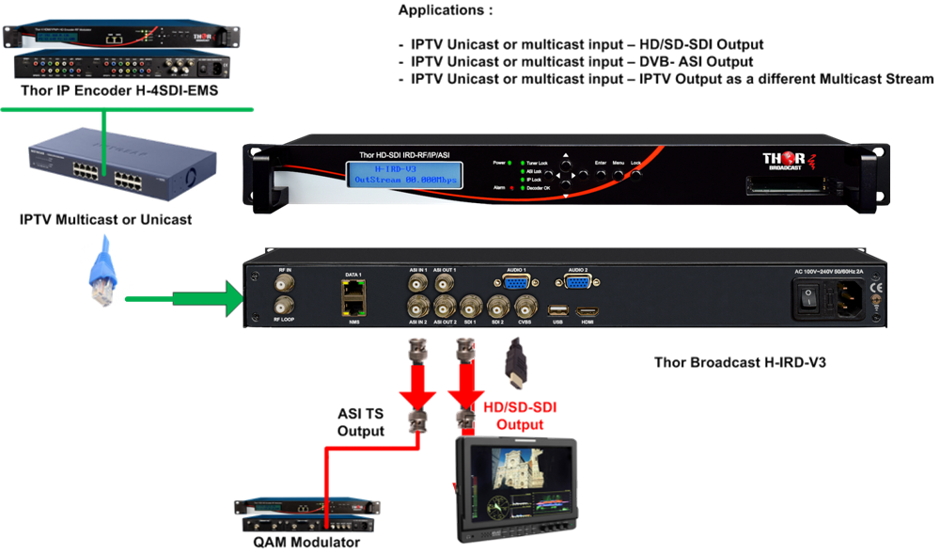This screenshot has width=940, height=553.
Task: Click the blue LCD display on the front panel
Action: (406, 175)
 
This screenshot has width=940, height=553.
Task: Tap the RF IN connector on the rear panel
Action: (281, 280)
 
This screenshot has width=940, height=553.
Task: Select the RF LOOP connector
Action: (281, 306)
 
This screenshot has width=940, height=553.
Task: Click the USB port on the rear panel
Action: (557, 309)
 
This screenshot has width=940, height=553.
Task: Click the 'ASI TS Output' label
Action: (361, 422)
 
